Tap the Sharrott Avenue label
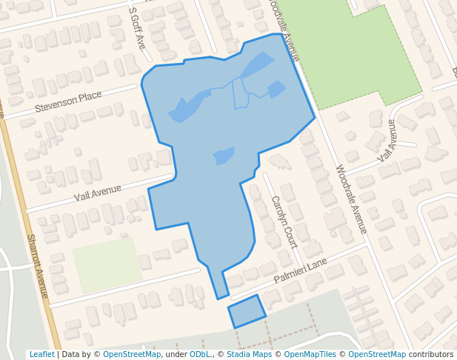coord(38,267)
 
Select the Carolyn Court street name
coord(284,221)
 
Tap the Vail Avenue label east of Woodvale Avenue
coord(387,141)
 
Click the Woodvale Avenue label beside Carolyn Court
coord(351,199)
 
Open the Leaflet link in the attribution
coord(41,355)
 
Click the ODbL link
coord(199,355)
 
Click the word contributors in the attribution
coord(431,355)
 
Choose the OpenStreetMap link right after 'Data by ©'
coord(132,355)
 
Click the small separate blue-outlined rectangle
coord(246,311)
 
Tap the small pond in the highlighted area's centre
coord(224,156)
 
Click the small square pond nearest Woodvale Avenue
coord(276,89)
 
